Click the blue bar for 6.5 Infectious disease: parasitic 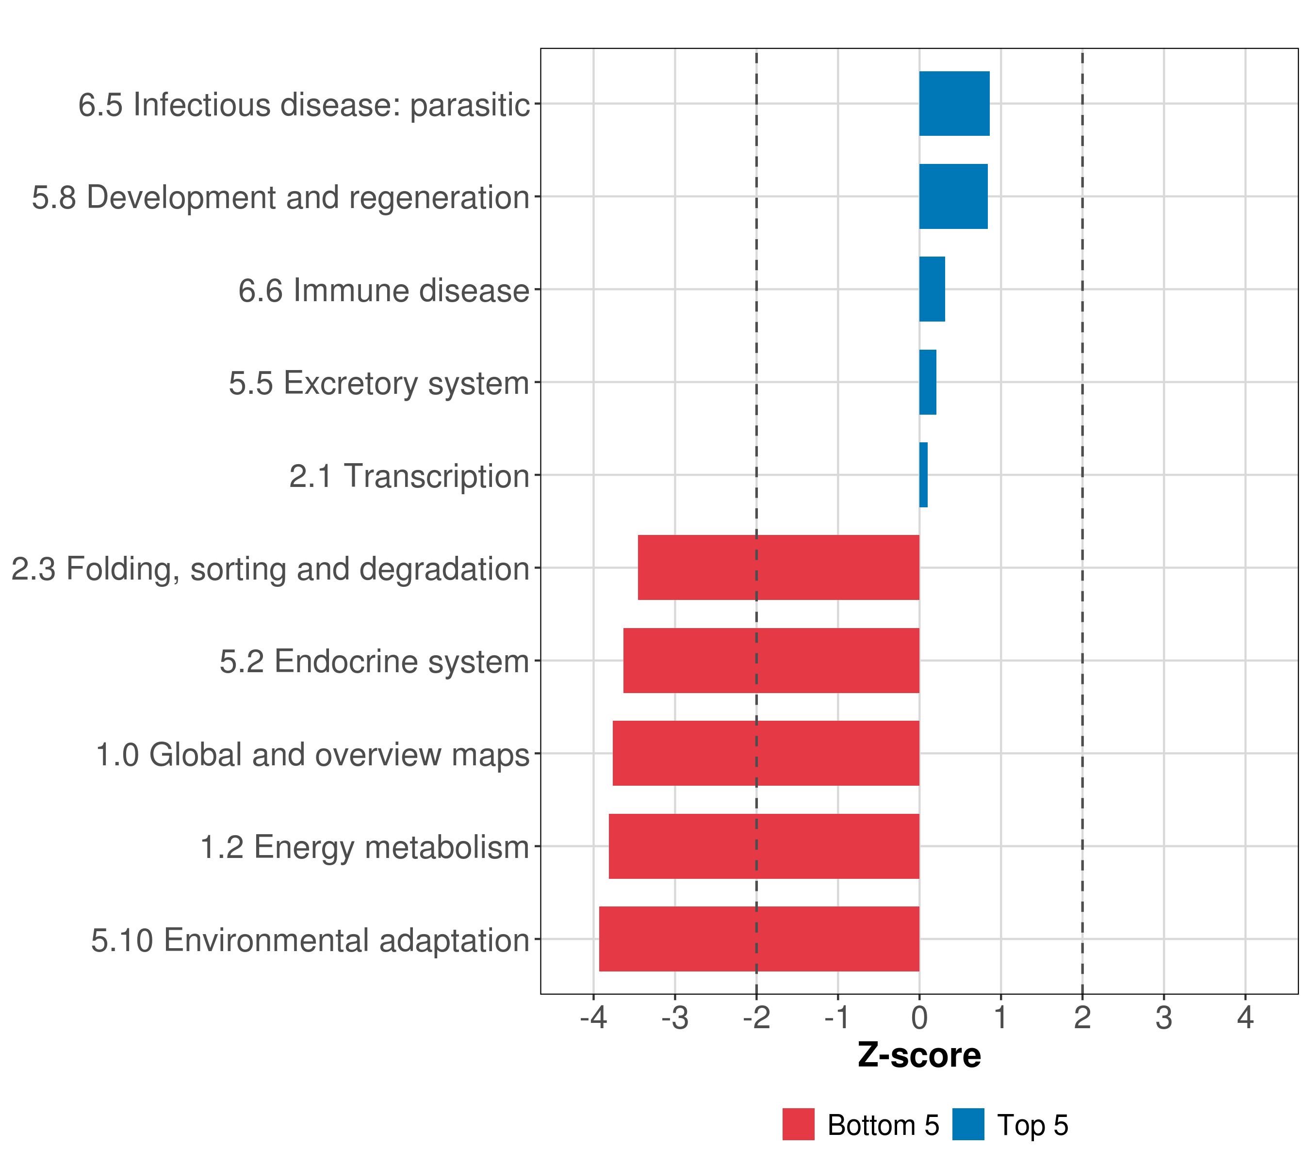click(954, 103)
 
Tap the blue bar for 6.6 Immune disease click(932, 289)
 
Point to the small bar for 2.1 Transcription click(923, 475)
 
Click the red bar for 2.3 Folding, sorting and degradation click(778, 567)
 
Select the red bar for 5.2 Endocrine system click(771, 661)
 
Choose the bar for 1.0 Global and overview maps click(766, 753)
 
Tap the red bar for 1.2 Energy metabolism click(764, 846)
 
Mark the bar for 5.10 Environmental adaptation click(759, 939)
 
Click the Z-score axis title click(919, 1056)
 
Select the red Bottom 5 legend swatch click(798, 1124)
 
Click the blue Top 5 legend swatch click(968, 1124)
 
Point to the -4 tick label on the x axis click(593, 1018)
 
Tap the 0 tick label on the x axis click(919, 1018)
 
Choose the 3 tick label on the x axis click(1164, 1018)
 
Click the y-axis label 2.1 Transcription click(409, 476)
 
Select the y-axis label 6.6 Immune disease click(383, 290)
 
